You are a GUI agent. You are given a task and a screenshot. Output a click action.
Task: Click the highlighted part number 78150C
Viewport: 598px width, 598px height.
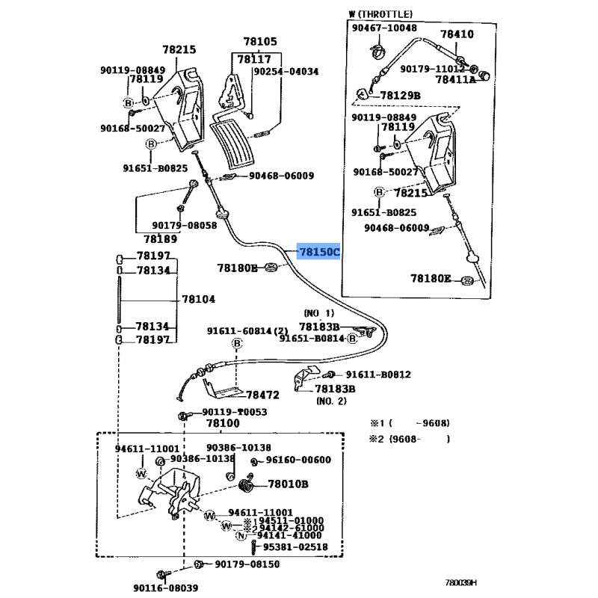pos(318,253)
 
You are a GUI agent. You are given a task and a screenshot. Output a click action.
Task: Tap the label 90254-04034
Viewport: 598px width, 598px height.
pos(286,72)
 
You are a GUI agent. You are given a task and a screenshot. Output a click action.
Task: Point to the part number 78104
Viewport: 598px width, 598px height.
pos(199,299)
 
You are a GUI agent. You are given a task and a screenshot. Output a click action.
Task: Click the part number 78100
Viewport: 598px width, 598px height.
pos(223,423)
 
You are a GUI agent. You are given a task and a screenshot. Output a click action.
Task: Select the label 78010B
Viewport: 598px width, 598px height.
pos(288,484)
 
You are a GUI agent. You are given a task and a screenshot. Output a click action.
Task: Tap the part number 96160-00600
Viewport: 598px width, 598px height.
pos(298,460)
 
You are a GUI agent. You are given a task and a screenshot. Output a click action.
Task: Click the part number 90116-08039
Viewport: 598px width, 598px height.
pos(167,588)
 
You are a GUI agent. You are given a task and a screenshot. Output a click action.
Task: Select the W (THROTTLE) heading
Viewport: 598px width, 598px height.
pos(380,14)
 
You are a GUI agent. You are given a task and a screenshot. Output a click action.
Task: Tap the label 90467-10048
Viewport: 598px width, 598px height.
pos(386,28)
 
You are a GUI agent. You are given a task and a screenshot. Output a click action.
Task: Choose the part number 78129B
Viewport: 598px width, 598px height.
pos(400,95)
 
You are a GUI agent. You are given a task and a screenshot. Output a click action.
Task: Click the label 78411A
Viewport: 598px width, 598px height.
pos(455,79)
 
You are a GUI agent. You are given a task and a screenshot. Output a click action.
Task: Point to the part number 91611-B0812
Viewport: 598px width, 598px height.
pos(377,374)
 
